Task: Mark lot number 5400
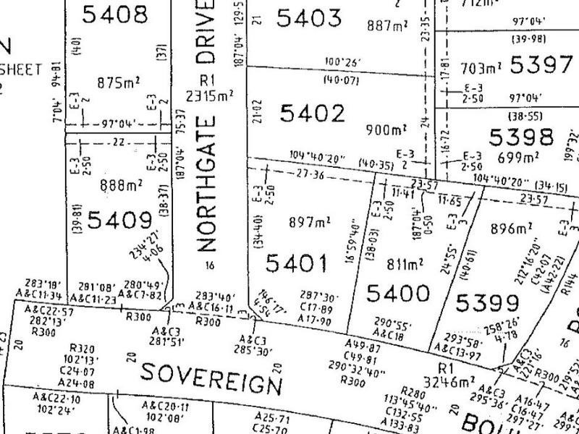(397, 293)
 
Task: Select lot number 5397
(541, 65)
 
